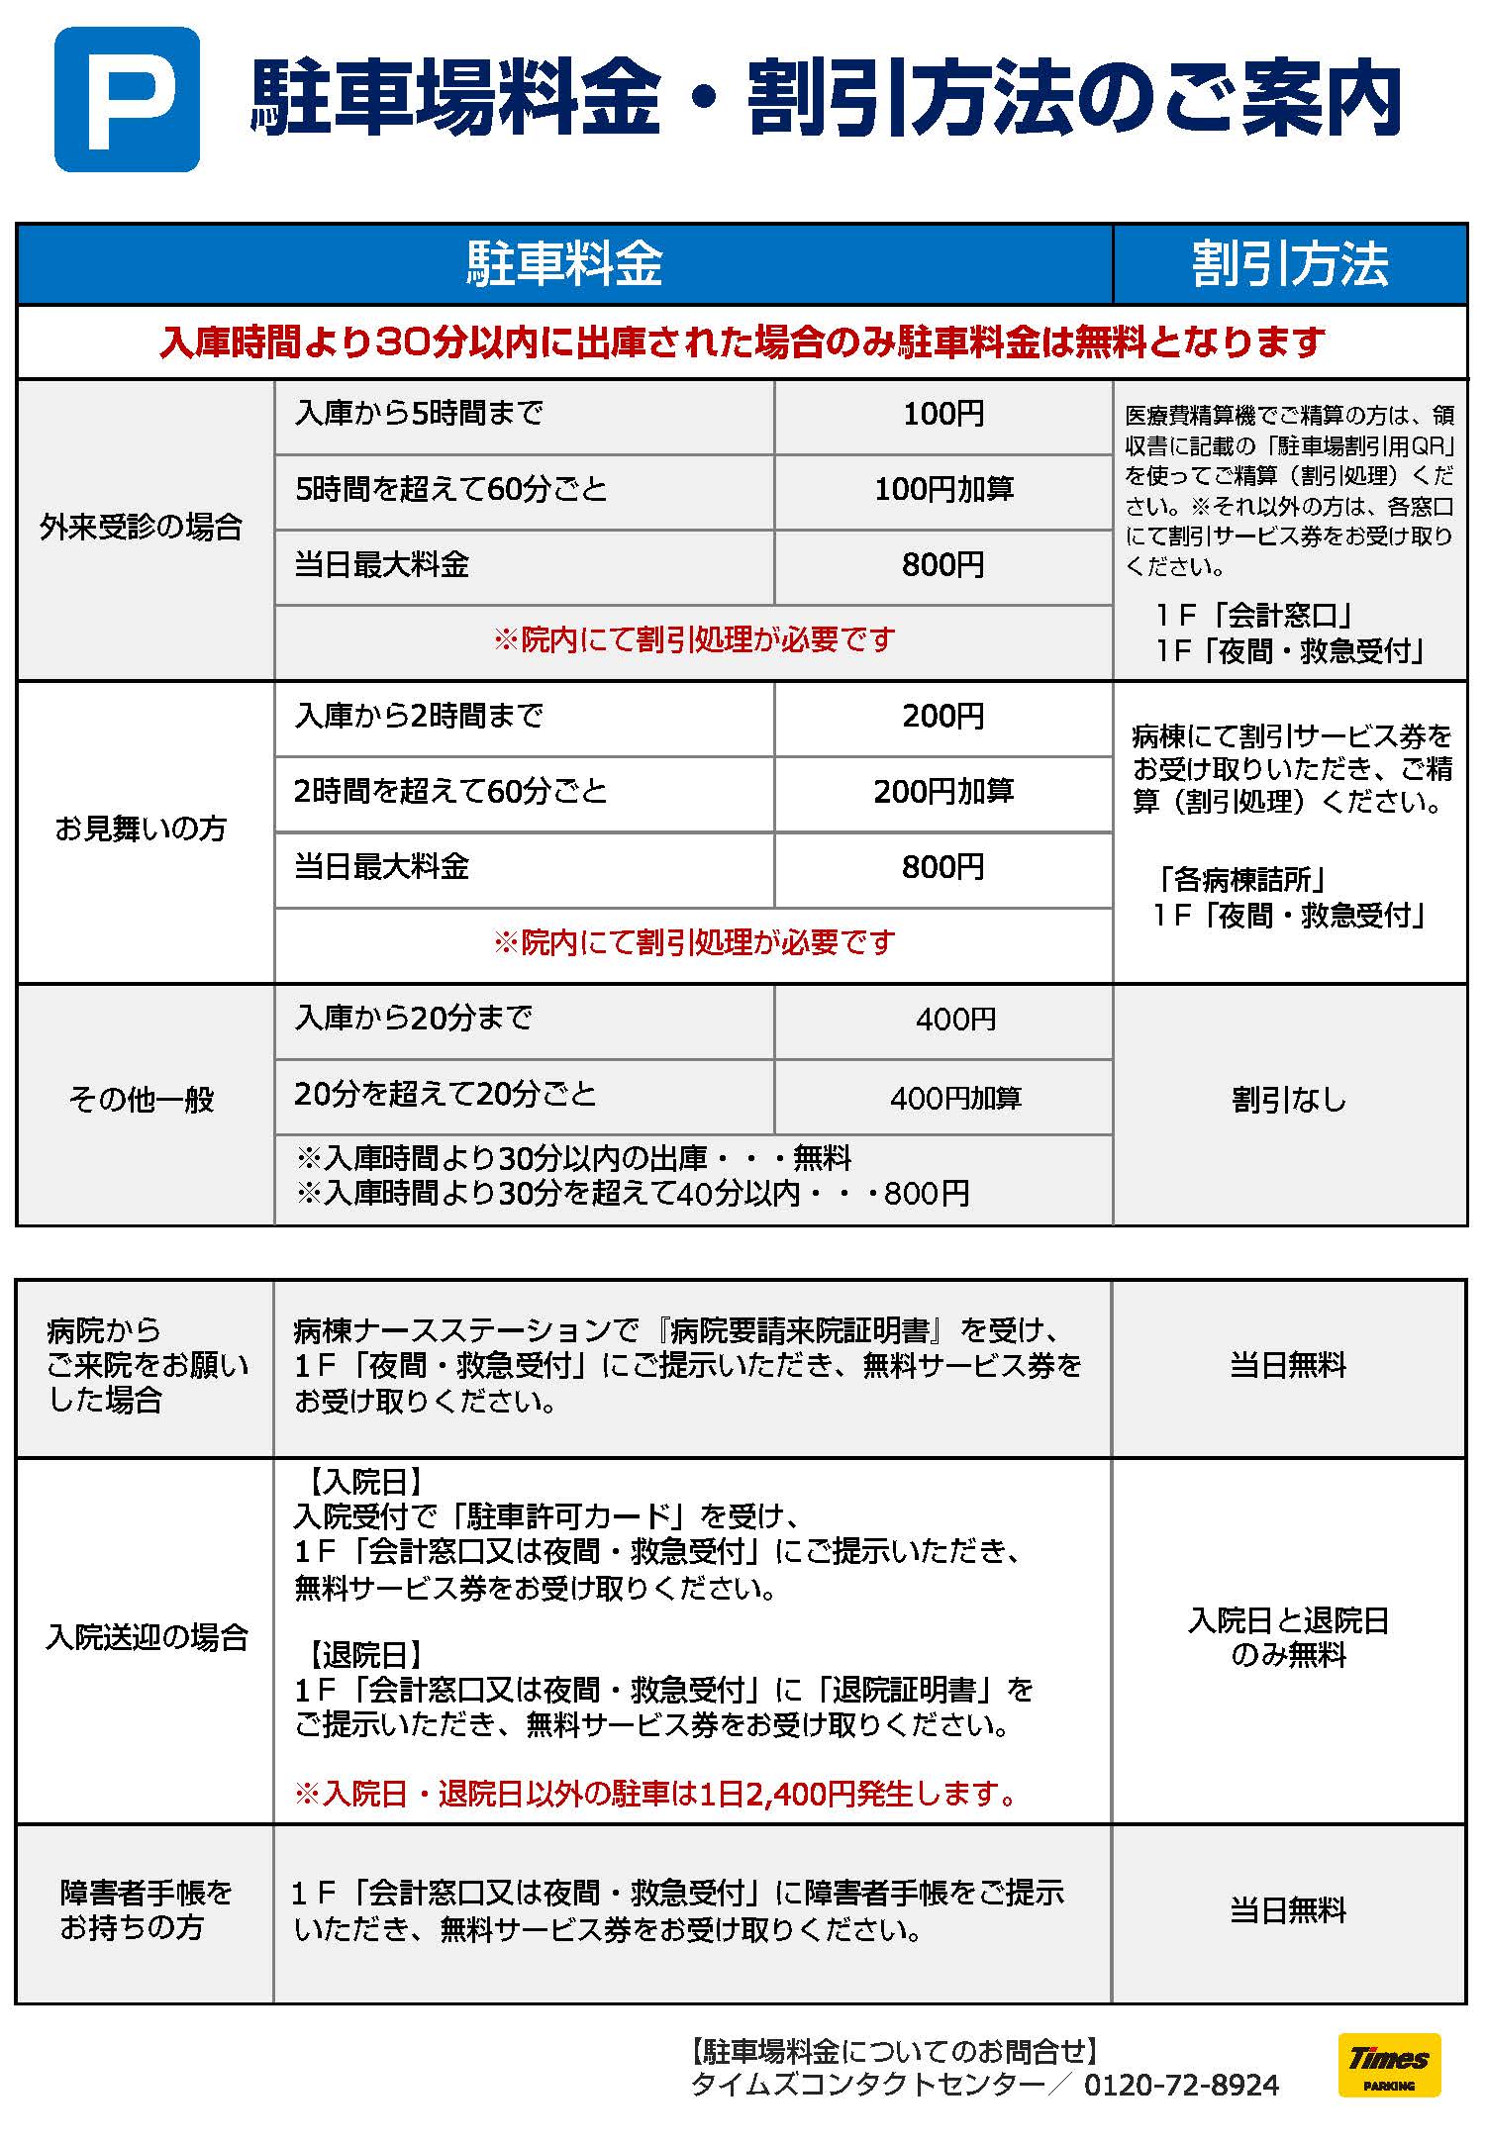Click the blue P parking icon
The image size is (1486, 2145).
(x=127, y=99)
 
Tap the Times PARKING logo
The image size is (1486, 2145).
(x=1388, y=2064)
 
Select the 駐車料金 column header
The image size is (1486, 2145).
(x=564, y=264)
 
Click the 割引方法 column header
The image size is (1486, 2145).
(x=1289, y=264)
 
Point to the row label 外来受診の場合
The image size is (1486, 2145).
(x=142, y=528)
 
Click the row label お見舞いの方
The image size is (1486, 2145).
(x=142, y=829)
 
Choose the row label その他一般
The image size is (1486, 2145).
(x=142, y=1100)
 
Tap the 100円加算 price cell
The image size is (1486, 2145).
(x=943, y=490)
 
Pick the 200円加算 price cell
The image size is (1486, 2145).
(x=943, y=792)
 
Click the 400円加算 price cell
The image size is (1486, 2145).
(x=955, y=1098)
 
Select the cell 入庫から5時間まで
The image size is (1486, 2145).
(x=420, y=414)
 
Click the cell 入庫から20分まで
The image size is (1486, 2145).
(x=414, y=1019)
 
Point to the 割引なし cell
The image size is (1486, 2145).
(x=1289, y=1100)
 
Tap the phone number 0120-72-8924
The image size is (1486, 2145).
(x=1181, y=2086)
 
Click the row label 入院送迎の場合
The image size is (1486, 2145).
(x=147, y=1638)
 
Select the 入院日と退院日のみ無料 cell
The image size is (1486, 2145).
(x=1289, y=1637)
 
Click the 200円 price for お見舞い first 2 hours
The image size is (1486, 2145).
(x=943, y=717)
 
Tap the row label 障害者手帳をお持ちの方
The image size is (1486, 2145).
(x=146, y=1909)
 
